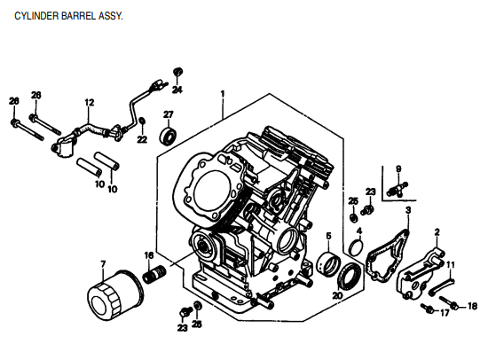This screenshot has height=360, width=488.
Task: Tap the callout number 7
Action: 103,263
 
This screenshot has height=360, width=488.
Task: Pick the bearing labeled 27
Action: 168,137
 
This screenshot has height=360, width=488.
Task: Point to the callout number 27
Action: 168,114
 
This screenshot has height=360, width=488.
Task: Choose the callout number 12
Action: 89,103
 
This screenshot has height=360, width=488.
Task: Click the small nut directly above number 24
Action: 177,72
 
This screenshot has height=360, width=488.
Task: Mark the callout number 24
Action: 177,90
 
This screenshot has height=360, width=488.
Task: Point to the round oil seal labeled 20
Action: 350,273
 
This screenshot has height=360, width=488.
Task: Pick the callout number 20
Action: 337,295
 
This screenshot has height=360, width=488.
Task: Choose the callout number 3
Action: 407,210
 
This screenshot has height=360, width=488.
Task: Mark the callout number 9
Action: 398,168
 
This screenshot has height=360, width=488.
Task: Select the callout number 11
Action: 450,264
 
